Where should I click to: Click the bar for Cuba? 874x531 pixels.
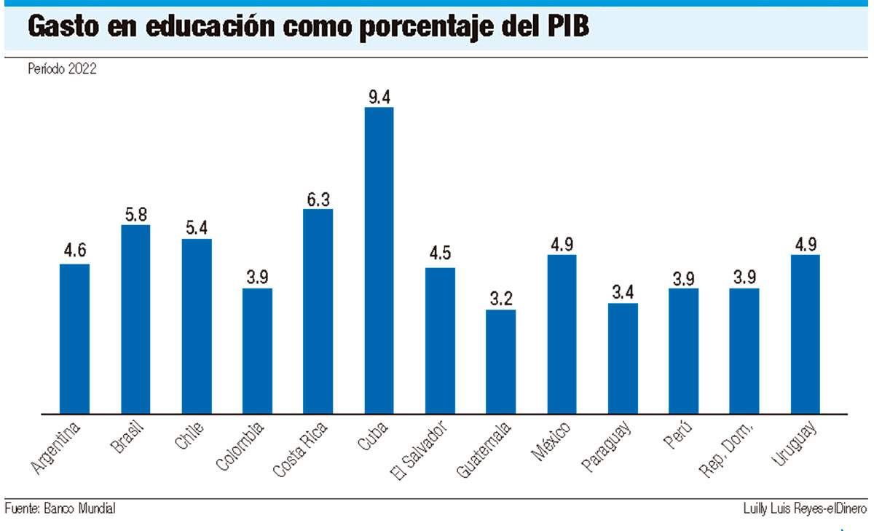point(379,261)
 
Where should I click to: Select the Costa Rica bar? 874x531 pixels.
point(318,312)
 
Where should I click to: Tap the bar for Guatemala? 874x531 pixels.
point(500,362)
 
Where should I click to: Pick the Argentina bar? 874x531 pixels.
point(74,339)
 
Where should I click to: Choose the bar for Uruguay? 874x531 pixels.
point(805,334)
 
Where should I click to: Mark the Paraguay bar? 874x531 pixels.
point(623,358)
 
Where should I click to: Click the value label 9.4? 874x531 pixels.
point(379,96)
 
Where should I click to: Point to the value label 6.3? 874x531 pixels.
point(318,198)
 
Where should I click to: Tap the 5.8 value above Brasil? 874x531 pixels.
point(135,214)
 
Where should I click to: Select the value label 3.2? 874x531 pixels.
point(500,299)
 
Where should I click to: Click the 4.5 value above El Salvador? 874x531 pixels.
point(440,256)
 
